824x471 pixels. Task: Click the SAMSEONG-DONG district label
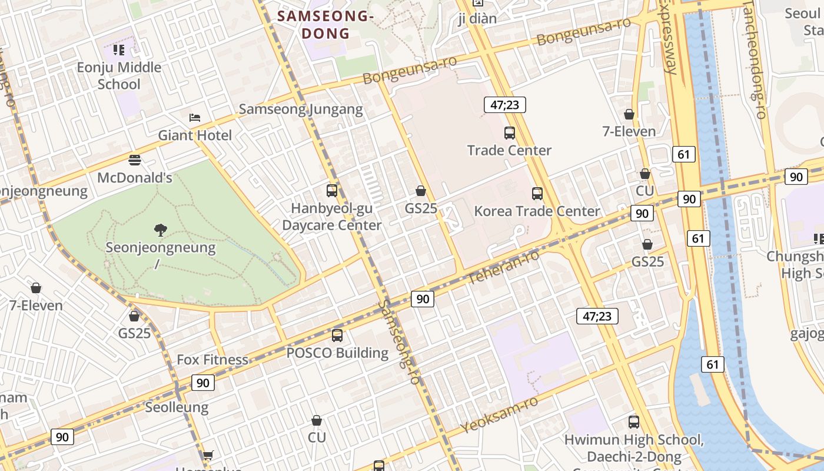(325, 25)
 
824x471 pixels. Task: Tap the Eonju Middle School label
(119, 76)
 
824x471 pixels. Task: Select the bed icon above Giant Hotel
(195, 118)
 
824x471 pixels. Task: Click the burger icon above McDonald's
(135, 160)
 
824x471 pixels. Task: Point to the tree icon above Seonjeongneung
(160, 230)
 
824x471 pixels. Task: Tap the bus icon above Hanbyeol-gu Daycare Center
(332, 191)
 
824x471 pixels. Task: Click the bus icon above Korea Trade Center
(537, 194)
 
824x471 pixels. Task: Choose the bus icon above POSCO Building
(337, 336)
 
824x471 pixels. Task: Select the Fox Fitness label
(212, 360)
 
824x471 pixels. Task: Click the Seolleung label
(177, 407)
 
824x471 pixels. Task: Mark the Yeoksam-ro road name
(499, 415)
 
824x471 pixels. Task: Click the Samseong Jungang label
(301, 109)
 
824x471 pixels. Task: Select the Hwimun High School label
(634, 440)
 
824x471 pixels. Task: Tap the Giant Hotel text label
(195, 135)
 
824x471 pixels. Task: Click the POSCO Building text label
(337, 353)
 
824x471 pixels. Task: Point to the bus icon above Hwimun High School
(634, 422)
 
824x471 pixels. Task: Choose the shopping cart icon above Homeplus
(208, 455)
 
